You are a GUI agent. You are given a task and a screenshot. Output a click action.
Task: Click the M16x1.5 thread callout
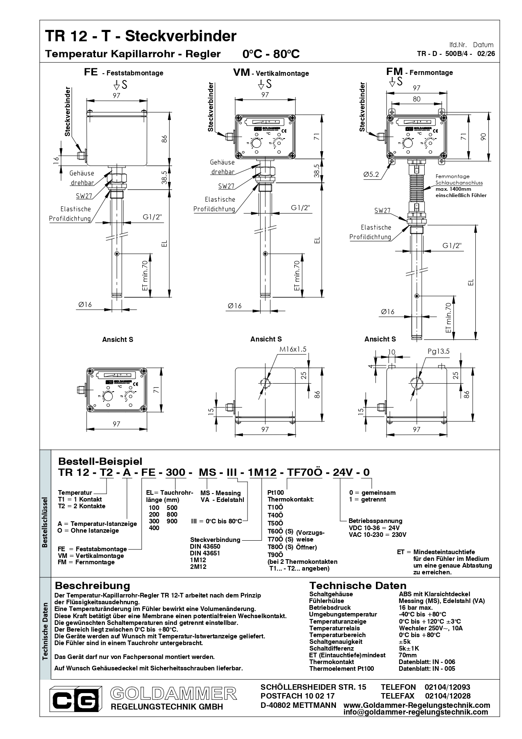(x=293, y=349)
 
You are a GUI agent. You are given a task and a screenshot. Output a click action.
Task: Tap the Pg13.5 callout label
(x=439, y=351)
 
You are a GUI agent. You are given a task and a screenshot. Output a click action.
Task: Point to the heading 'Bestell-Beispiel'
(x=100, y=461)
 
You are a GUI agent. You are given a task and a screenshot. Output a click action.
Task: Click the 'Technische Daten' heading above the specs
(x=358, y=585)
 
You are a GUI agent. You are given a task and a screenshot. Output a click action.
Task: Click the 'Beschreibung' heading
(x=93, y=585)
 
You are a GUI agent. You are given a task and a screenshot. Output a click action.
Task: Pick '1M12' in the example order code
(x=263, y=472)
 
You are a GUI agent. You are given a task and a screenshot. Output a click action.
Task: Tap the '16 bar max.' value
(x=415, y=608)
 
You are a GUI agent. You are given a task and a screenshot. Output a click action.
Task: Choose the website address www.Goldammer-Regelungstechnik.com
(x=417, y=705)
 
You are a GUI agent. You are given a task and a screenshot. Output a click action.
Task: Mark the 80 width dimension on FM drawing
(x=416, y=99)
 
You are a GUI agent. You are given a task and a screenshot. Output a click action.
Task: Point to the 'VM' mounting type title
(x=242, y=72)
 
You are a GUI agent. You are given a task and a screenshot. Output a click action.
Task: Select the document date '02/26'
(x=485, y=53)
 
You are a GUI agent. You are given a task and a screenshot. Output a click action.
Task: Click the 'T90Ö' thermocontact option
(x=275, y=555)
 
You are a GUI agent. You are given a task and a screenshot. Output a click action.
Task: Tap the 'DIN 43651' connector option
(x=205, y=553)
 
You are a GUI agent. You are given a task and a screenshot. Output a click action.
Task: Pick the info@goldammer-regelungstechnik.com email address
(x=416, y=712)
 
